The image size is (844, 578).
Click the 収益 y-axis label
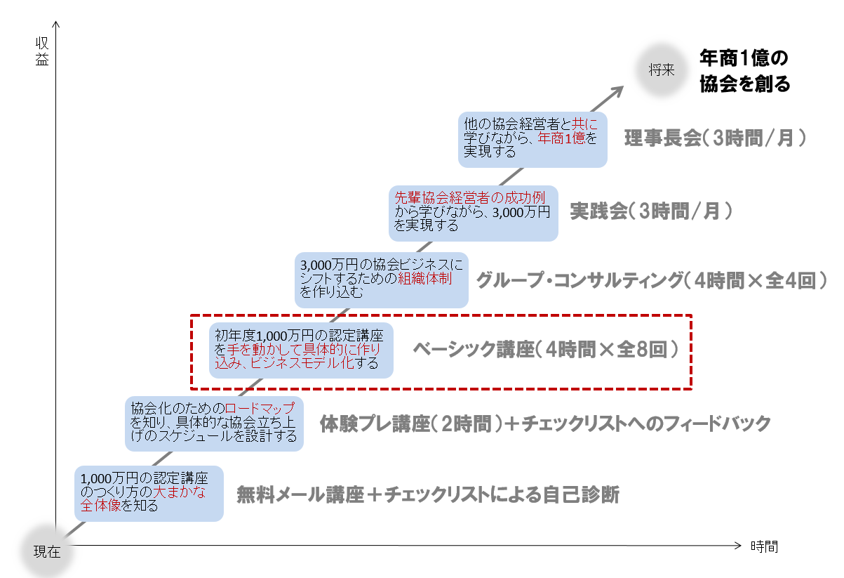[x=42, y=51]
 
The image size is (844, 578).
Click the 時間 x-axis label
[x=764, y=546]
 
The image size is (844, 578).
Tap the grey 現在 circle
[x=47, y=551]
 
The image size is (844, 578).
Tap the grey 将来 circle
[x=662, y=70]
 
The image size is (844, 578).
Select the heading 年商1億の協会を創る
[x=744, y=71]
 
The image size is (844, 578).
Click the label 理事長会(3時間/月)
[x=715, y=138]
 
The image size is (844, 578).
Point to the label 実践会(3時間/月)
[x=651, y=211]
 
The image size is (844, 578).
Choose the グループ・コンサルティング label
[x=580, y=280]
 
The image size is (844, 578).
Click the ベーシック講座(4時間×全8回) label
[x=546, y=349]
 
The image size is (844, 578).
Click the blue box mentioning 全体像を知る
[x=149, y=494]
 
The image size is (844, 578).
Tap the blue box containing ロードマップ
[x=214, y=423]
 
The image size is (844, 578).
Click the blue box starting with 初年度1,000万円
[x=301, y=350]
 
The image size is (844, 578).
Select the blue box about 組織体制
[x=381, y=280]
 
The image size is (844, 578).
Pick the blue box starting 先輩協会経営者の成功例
[x=474, y=214]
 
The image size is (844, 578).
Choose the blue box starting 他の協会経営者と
[x=532, y=140]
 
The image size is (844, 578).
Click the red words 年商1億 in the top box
[x=561, y=138]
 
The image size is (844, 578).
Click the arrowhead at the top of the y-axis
[x=55, y=24]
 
